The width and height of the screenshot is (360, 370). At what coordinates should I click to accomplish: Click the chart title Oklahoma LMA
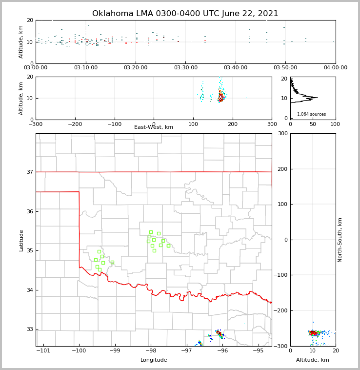click(x=185, y=14)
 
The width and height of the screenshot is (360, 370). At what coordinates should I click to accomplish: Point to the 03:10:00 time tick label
click(x=85, y=68)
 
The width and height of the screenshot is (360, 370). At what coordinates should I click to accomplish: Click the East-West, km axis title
click(x=154, y=127)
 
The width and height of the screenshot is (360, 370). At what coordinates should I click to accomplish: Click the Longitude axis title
click(x=154, y=360)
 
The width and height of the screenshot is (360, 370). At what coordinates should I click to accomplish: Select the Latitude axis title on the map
click(x=21, y=240)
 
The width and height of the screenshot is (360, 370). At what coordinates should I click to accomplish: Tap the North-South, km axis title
click(x=340, y=240)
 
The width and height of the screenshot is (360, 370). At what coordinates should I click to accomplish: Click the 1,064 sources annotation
click(x=311, y=114)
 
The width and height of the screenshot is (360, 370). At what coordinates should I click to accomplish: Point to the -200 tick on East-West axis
click(x=75, y=124)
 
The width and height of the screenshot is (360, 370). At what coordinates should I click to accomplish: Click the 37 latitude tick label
click(x=30, y=172)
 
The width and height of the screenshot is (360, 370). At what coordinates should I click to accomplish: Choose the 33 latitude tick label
click(x=30, y=329)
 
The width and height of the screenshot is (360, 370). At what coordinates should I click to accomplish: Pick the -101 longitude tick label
click(x=44, y=351)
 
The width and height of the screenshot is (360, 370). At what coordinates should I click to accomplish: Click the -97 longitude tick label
click(x=186, y=351)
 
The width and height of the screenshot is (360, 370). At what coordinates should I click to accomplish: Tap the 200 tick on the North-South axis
click(x=282, y=169)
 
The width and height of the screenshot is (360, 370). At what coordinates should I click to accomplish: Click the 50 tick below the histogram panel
click(x=313, y=124)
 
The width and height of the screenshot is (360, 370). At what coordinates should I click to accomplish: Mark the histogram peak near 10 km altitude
click(x=316, y=98)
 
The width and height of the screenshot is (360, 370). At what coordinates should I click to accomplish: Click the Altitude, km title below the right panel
click(x=313, y=360)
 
